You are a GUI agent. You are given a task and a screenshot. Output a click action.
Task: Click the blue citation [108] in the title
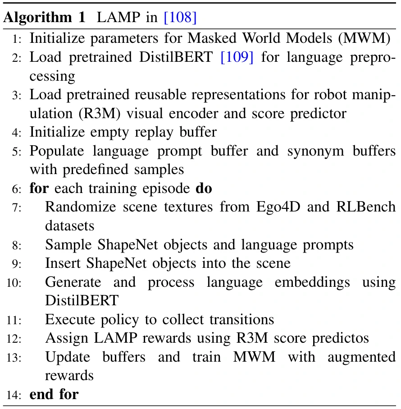point(180,18)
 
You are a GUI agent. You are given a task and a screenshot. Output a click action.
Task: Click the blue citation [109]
point(237,57)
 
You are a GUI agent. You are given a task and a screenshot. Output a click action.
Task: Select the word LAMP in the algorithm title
point(118,17)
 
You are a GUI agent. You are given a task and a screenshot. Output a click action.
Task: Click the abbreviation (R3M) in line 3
point(100,114)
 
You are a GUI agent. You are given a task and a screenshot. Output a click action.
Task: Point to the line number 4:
point(17,133)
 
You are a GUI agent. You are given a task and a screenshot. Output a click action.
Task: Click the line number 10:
point(14,283)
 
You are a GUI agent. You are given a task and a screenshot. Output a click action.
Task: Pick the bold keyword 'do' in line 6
point(204,188)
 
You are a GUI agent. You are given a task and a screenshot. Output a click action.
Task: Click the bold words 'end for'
point(54,394)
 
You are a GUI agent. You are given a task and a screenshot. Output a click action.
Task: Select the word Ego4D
point(278,207)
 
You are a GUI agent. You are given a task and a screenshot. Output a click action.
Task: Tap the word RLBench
point(366,207)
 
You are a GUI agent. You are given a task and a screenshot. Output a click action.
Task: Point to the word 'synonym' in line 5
point(315,152)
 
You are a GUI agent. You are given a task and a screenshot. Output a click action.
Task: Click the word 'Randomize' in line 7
point(81,207)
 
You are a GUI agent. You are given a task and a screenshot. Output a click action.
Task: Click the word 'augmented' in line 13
point(362,357)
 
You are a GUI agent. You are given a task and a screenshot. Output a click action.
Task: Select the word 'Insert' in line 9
point(63,263)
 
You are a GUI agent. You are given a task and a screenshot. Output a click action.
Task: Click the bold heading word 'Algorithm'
point(37,18)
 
